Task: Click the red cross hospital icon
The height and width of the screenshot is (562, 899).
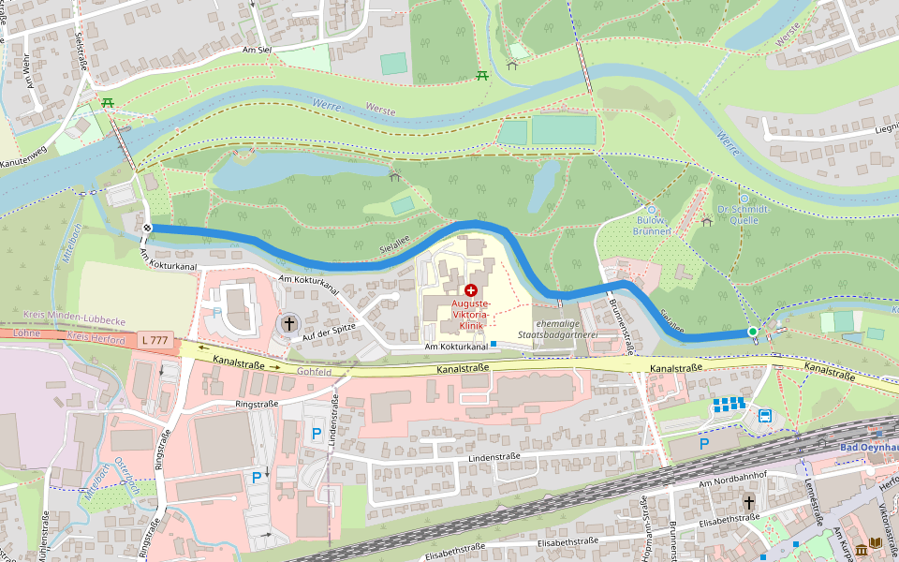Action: coord(470,291)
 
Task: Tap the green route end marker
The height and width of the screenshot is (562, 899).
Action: coord(753,332)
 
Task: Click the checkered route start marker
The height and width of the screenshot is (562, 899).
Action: coord(148,228)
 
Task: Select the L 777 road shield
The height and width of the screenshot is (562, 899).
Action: coord(157,339)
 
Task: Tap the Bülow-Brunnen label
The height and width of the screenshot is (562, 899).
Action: coord(652,225)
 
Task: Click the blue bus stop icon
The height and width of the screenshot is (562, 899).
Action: coord(765,417)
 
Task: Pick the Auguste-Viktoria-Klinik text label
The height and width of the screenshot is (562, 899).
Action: coord(470,316)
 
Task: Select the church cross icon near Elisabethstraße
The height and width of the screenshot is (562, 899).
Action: coord(749,503)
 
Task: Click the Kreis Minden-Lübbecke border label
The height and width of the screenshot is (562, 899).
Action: coord(66,320)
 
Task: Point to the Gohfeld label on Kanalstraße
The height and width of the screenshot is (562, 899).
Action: coord(315,371)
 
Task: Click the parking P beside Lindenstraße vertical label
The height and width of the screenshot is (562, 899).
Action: coord(317,434)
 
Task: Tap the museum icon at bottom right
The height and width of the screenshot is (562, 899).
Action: coord(875,543)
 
